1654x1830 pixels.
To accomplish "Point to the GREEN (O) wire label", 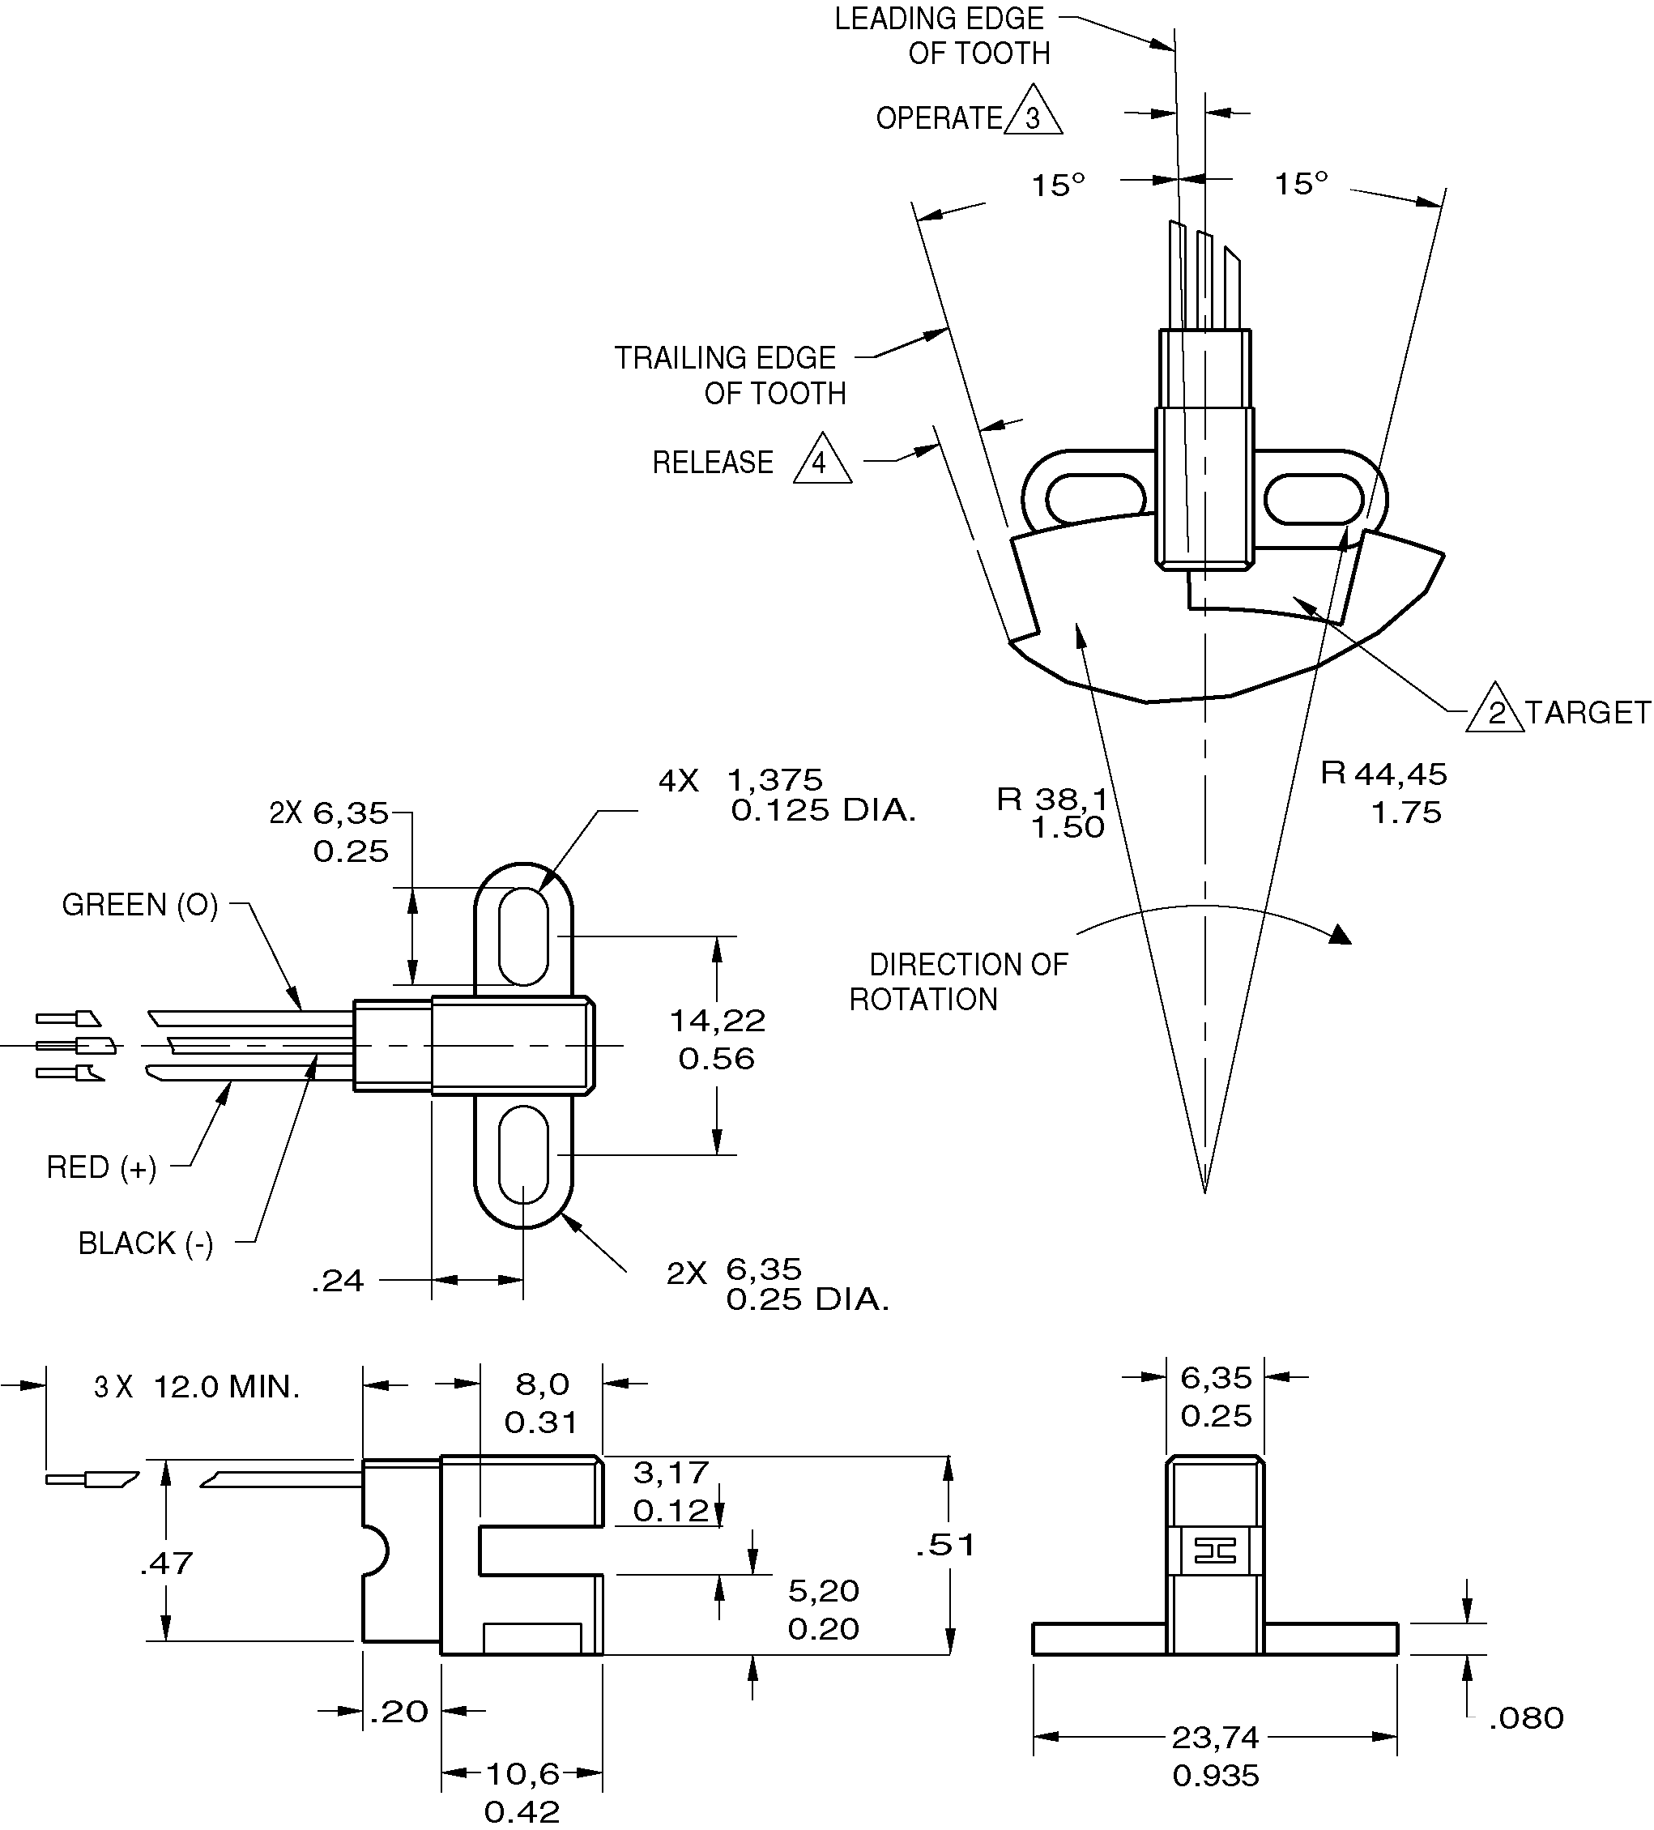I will click(140, 905).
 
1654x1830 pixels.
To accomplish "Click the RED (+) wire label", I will click(100, 1167).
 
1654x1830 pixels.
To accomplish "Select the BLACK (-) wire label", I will click(145, 1243).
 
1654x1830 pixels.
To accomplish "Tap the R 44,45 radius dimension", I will click(1383, 774).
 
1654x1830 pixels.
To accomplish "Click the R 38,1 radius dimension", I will click(1052, 800).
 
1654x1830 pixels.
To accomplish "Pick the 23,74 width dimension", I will click(1216, 1738).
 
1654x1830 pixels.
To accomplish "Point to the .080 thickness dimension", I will click(1526, 1717).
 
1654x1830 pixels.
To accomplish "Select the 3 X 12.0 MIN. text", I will click(196, 1387).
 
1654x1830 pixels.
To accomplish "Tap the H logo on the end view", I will click(1215, 1551).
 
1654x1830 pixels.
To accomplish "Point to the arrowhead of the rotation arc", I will click(1341, 936).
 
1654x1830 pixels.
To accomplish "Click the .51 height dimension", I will click(945, 1545).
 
